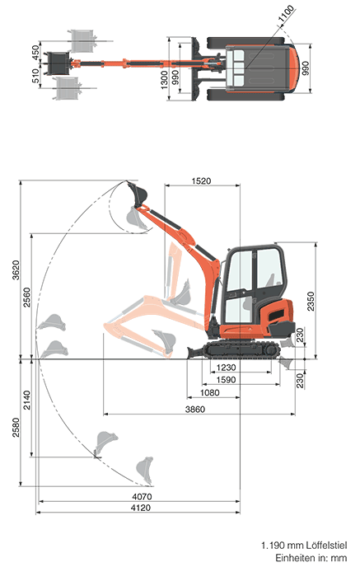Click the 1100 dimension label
tap(286, 14)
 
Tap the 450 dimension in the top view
tap(35, 53)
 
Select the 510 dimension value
tap(35, 76)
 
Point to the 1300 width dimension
tap(164, 80)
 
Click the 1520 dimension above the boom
tap(201, 181)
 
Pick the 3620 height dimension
tap(16, 269)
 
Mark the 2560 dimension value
tap(27, 298)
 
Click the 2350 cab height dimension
tap(311, 302)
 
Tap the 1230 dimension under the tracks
tap(226, 368)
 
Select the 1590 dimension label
tap(226, 380)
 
